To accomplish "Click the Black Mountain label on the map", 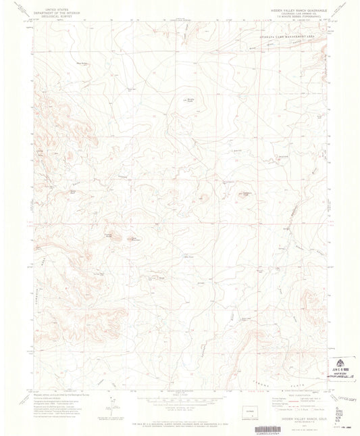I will tap(136, 238).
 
